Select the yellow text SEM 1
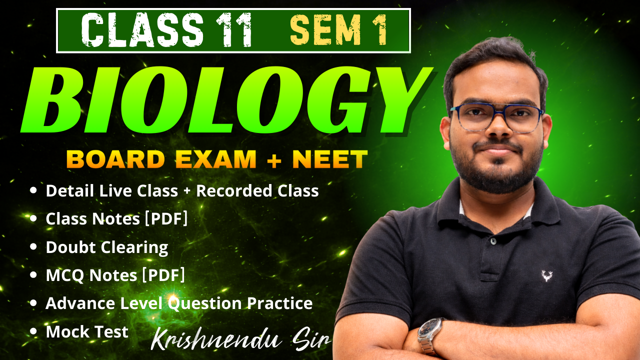[338, 30]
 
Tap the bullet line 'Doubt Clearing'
[106, 247]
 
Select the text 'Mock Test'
[87, 332]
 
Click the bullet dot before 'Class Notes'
[33, 218]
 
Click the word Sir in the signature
[312, 340]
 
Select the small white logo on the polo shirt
[547, 275]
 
